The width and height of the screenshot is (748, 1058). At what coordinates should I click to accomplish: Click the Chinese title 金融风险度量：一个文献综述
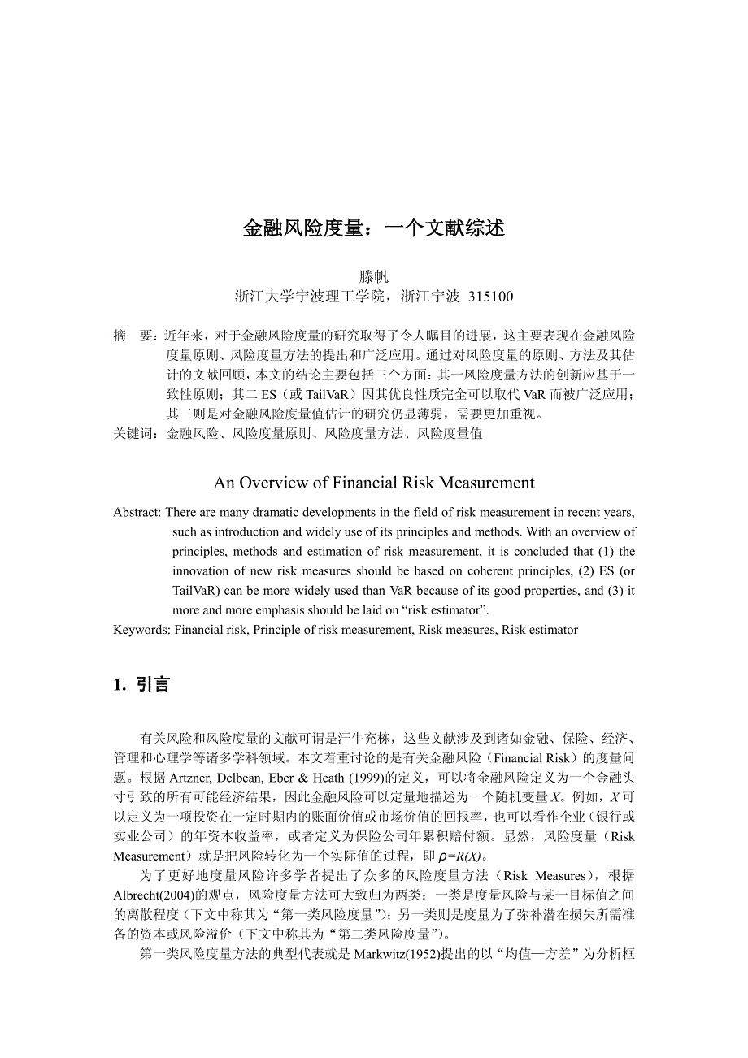tap(374, 228)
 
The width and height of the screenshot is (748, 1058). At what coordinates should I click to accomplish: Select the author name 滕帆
tap(374, 276)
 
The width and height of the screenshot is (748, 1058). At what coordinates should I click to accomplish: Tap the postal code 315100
tap(491, 297)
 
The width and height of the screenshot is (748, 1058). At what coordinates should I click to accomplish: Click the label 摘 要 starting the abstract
tap(133, 335)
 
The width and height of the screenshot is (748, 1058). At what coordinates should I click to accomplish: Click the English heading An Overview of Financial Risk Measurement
tap(374, 483)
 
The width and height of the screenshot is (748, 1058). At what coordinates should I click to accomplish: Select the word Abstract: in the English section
tap(138, 512)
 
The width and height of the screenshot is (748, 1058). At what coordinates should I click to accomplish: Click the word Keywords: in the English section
tap(142, 630)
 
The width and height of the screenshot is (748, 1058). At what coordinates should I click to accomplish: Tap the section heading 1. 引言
tap(141, 685)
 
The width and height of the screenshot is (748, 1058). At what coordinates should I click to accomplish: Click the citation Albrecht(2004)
tap(154, 895)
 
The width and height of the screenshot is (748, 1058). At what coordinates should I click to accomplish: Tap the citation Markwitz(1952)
tap(393, 955)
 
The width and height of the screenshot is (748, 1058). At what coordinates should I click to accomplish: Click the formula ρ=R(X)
tap(460, 856)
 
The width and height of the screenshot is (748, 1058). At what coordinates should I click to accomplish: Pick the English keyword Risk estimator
tap(540, 630)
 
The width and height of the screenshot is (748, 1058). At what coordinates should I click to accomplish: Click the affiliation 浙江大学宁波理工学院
tap(308, 297)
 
